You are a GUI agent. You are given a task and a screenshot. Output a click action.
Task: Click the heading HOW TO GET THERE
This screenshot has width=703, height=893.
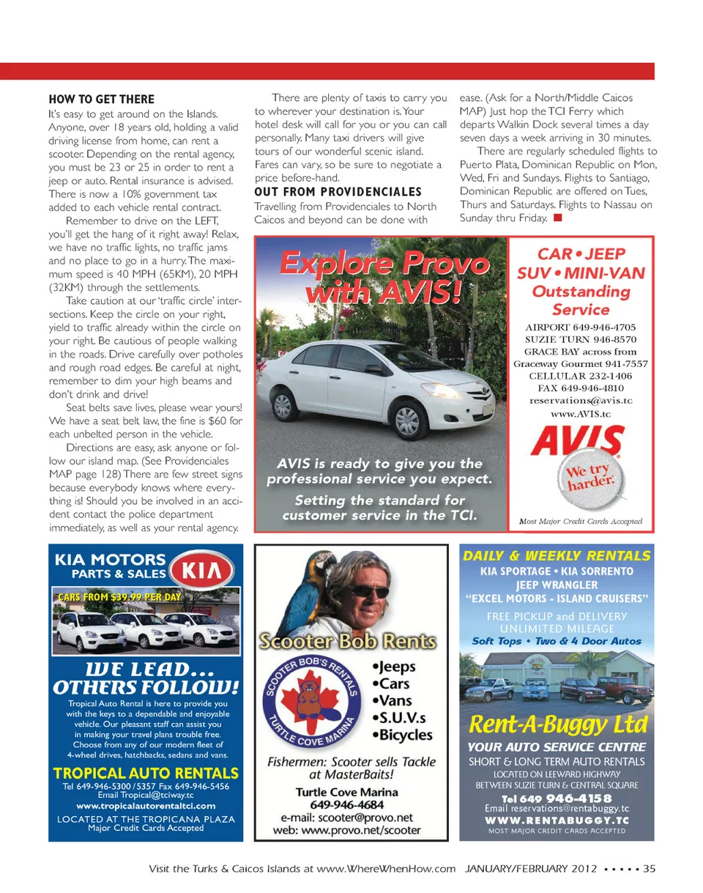(101, 100)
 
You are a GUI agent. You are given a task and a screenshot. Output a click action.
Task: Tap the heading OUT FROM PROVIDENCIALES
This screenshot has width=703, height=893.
(338, 192)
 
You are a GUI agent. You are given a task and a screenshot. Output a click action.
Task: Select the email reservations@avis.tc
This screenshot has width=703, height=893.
(580, 401)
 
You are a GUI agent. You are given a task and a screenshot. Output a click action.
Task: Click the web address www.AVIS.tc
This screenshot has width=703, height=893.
(580, 414)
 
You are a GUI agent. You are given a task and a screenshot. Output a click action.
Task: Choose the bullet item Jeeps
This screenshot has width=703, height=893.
(393, 667)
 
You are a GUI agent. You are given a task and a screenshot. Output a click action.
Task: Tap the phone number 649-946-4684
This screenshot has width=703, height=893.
(346, 804)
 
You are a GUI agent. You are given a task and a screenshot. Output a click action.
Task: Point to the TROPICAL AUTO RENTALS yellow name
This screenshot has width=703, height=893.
(146, 773)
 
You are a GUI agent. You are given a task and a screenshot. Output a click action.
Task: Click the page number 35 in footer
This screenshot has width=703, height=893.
(649, 870)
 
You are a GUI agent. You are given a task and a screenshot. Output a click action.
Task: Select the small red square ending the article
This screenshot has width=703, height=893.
(557, 218)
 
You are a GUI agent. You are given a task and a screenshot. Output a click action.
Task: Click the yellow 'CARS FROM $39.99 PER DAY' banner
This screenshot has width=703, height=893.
(119, 597)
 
